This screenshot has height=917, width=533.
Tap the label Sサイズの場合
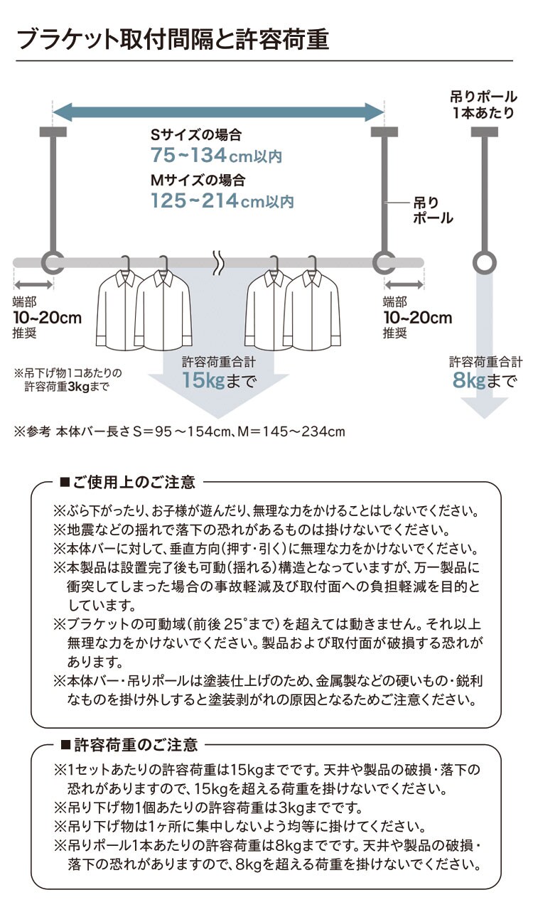click(x=195, y=134)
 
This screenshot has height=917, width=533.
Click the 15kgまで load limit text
click(x=218, y=380)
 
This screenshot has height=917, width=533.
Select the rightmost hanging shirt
click(x=309, y=313)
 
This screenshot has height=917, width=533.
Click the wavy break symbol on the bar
click(x=218, y=262)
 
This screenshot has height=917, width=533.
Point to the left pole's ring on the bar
click(x=53, y=263)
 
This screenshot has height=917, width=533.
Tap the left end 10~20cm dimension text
click(x=47, y=318)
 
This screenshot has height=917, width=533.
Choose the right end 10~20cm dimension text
click(x=417, y=318)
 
